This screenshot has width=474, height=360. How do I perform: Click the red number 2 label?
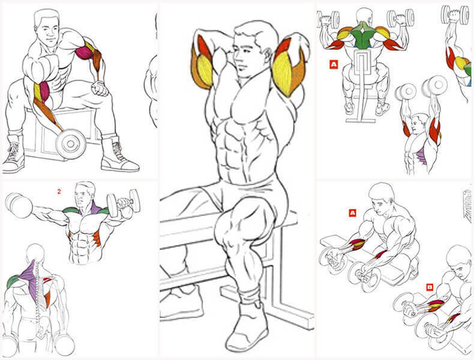click(x=59, y=191)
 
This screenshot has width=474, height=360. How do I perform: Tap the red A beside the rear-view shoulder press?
click(x=334, y=64)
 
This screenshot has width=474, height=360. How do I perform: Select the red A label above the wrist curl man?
click(x=352, y=213)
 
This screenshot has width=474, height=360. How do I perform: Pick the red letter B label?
click(x=429, y=287)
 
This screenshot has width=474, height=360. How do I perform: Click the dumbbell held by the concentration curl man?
click(x=71, y=144)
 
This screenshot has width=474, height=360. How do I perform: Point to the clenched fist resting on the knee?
click(x=100, y=89)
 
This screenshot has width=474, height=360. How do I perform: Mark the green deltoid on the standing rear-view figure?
click(x=13, y=282)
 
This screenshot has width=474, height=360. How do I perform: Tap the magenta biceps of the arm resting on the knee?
click(x=84, y=52)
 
